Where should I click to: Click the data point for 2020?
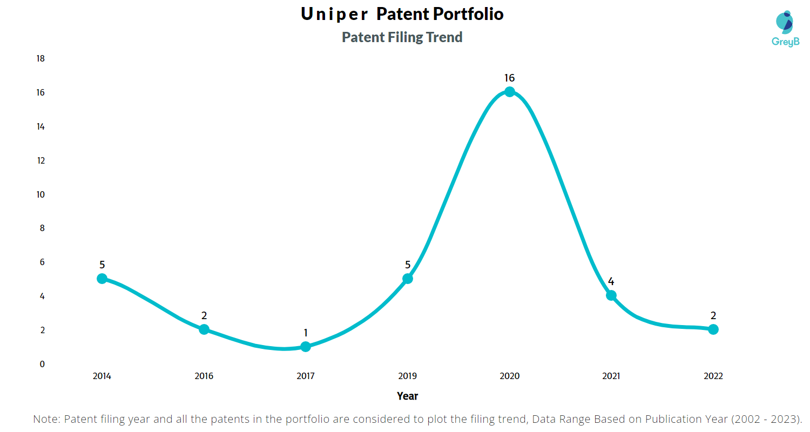pos(509,92)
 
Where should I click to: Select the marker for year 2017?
pos(306,347)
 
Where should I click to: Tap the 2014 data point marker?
pos(102,279)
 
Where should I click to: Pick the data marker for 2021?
pos(611,295)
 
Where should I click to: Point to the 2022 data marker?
pos(713,329)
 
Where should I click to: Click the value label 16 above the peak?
pos(509,78)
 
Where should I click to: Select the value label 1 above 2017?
pos(306,333)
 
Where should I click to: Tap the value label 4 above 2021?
pos(611,282)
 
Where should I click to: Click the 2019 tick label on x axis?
pos(408,376)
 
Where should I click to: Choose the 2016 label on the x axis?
pos(204,376)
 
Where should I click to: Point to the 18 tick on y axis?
pos(40,58)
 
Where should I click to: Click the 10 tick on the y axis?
pos(40,194)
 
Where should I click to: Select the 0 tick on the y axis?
pos(42,364)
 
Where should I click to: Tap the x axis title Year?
pos(407,396)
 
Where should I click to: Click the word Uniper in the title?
pos(334,15)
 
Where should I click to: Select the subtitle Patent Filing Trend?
pos(402,37)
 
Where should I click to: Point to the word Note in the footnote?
pos(46,419)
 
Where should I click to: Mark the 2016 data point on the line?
pos(204,329)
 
